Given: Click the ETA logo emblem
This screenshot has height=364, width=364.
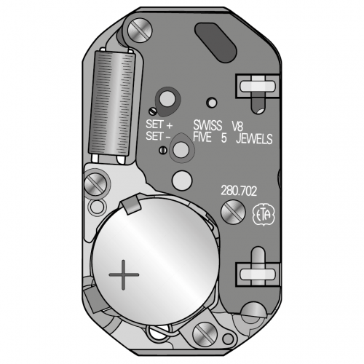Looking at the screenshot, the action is point(264,215).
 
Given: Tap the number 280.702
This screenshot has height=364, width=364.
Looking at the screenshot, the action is point(239,191).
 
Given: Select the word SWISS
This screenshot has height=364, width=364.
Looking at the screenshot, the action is point(207,125).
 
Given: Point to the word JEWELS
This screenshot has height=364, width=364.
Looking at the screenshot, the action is point(254,139).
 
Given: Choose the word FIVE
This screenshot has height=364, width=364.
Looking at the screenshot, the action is point(202,138).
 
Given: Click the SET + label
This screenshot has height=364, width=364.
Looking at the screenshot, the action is point(159,124).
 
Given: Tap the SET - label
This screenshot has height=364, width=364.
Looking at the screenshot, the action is point(158,136).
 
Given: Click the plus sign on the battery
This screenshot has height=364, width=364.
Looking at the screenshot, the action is point(124,274).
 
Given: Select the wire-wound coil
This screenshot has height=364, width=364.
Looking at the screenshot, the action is point(111,104).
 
